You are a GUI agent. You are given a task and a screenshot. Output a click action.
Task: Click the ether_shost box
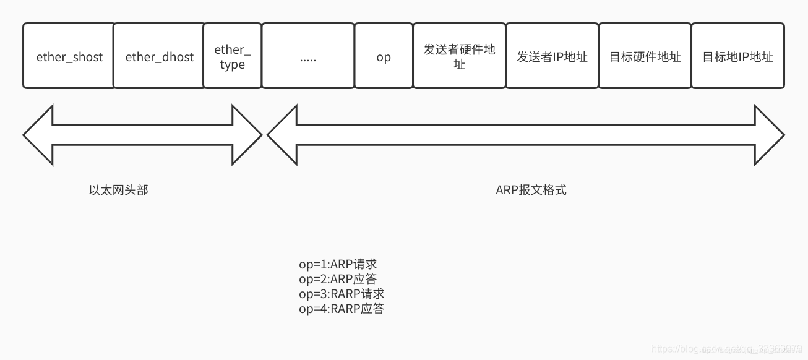[x=69, y=56]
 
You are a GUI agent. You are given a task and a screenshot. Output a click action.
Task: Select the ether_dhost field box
[x=159, y=56]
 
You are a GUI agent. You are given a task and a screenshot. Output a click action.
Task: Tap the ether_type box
[x=232, y=56]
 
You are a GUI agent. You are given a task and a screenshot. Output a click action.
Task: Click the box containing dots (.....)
[x=308, y=56]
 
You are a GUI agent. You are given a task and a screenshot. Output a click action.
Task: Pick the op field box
[x=384, y=56]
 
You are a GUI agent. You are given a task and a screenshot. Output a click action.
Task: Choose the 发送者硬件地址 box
[x=459, y=56]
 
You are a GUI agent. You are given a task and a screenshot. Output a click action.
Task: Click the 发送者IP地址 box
[x=552, y=56]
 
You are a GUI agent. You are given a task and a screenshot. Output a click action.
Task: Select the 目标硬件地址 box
[x=645, y=56]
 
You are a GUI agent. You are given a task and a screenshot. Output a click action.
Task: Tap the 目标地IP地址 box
[x=737, y=56]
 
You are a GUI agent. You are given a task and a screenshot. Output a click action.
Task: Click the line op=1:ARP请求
[x=338, y=264]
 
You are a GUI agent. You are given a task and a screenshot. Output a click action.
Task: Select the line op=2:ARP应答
[x=338, y=279]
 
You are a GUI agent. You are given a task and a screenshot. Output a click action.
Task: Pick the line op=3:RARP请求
[x=342, y=294]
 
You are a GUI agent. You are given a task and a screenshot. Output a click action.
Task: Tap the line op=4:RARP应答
[x=342, y=309]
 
